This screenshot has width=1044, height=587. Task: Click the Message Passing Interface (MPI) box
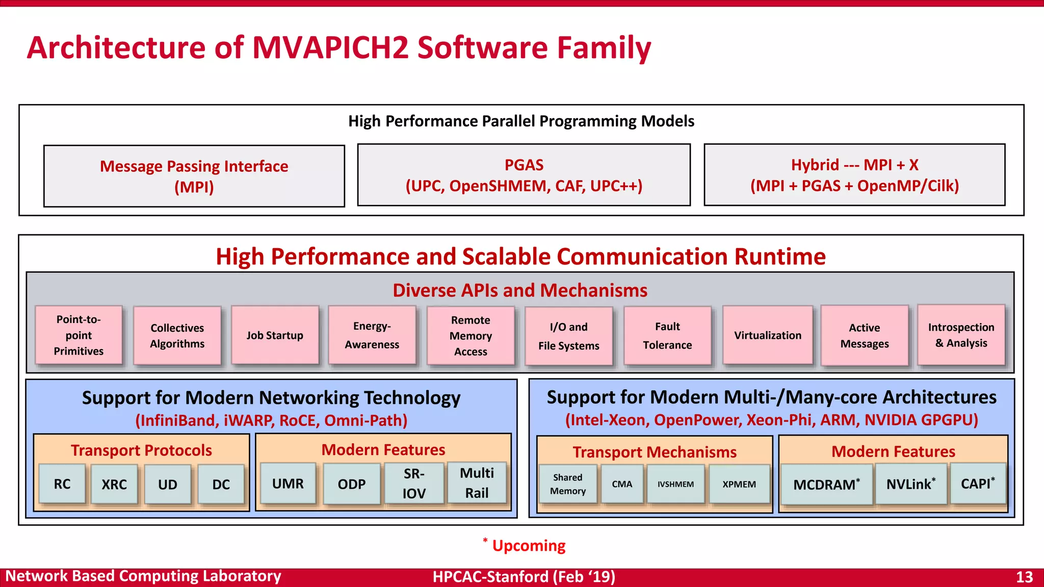[x=194, y=176]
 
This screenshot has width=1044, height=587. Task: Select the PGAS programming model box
[x=524, y=175]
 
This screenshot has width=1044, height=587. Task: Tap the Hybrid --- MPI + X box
[x=854, y=175]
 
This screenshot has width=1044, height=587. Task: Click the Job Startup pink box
[x=275, y=335]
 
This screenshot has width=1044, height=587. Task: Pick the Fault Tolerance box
[x=667, y=335]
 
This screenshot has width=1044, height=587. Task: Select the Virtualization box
[x=767, y=335]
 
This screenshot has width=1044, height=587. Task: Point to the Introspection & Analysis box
[x=961, y=335]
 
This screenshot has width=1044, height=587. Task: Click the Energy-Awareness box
[x=372, y=335]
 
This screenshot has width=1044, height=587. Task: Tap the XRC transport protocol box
[x=114, y=484]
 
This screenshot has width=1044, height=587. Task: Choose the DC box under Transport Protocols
[x=221, y=484]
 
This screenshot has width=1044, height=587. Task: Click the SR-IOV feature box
[x=413, y=483]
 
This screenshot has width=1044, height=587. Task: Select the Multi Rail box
[x=477, y=483]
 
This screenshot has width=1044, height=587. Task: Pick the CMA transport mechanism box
[x=622, y=484]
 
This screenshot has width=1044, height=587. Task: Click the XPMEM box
[x=739, y=484]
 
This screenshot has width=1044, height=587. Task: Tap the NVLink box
[x=910, y=484]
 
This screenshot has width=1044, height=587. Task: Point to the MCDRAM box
[x=826, y=484]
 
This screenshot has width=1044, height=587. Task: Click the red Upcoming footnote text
[x=528, y=546]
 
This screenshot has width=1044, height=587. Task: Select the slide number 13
[x=1024, y=577]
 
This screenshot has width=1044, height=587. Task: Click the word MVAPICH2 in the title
[x=330, y=47]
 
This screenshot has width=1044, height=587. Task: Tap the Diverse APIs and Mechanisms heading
[x=520, y=290]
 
